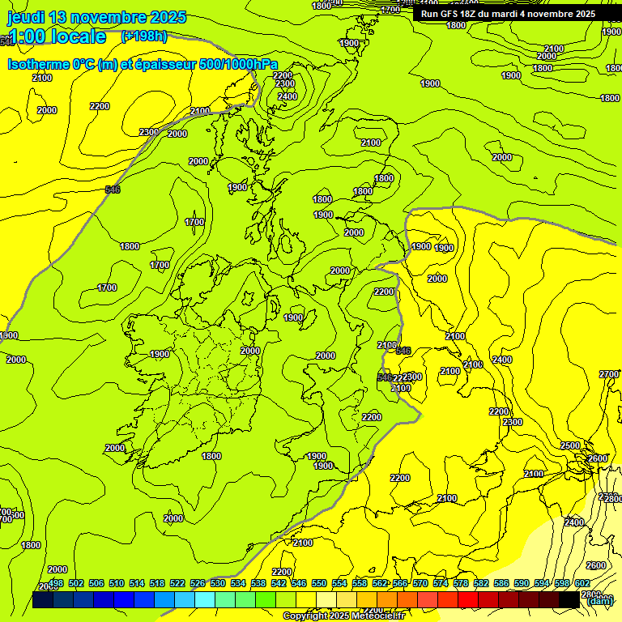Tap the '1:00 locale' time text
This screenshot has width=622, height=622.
tap(57, 36)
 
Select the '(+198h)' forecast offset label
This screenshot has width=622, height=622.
tap(144, 36)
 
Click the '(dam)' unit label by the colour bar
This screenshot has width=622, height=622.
tap(599, 600)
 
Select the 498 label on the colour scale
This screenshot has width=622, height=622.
tap(56, 583)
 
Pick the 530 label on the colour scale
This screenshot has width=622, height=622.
tap(218, 583)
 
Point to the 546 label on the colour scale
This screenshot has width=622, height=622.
tap(299, 583)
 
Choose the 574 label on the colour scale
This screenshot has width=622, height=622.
tap(441, 583)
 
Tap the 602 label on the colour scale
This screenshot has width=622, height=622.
tap(582, 583)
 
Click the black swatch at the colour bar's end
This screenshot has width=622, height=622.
tap(569, 599)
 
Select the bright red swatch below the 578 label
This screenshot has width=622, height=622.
tap(467, 599)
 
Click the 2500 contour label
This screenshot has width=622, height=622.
tap(570, 446)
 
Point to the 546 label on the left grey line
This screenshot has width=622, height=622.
tap(113, 190)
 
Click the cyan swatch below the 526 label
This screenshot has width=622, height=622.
tap(205, 599)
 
